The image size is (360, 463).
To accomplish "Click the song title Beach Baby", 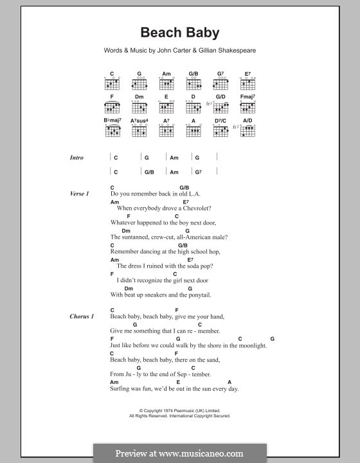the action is click(179, 33).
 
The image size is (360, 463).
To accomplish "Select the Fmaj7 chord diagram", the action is click(248, 108).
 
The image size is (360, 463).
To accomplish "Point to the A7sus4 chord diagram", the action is click(139, 131).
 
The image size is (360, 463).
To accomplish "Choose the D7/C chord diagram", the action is click(221, 131).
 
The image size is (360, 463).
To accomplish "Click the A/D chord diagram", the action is click(249, 131).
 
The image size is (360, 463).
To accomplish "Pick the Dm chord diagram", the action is click(139, 108).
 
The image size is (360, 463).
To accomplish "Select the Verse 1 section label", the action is click(80, 194).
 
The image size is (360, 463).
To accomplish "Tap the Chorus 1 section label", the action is click(82, 316).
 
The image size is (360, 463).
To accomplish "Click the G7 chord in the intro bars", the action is click(198, 172).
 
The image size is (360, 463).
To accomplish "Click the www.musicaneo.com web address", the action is click(196, 453).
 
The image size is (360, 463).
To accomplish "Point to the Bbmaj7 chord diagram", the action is click(112, 131).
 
